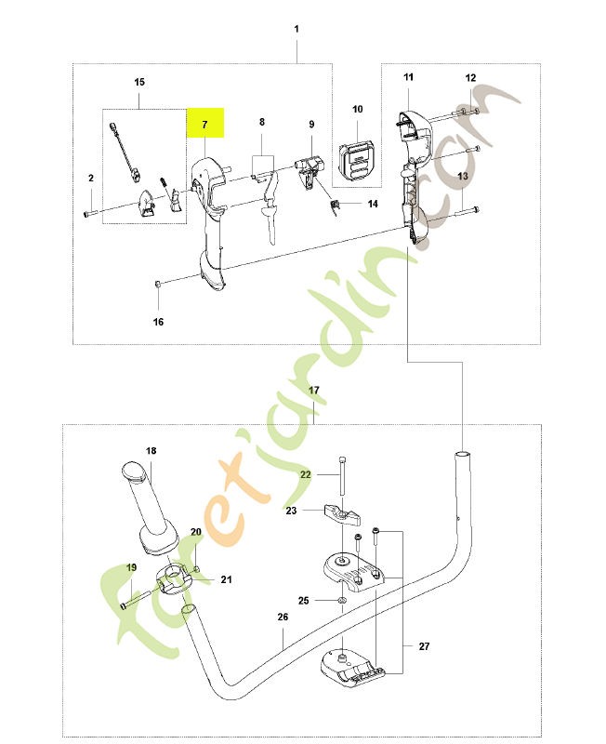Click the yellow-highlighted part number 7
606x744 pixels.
pos(204,125)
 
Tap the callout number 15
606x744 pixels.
pos(139,82)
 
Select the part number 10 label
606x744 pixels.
pos(358,109)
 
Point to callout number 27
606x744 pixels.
pos(425,645)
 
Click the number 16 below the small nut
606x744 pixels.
pos(158,322)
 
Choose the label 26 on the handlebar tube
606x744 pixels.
pos(283,617)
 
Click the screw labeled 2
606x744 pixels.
pos(91,214)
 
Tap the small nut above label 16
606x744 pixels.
pos(158,284)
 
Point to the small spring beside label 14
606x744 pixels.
pos(335,206)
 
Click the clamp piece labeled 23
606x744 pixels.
pos(342,515)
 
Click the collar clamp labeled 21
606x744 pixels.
pos(173,579)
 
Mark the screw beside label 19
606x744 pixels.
pos(136,599)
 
